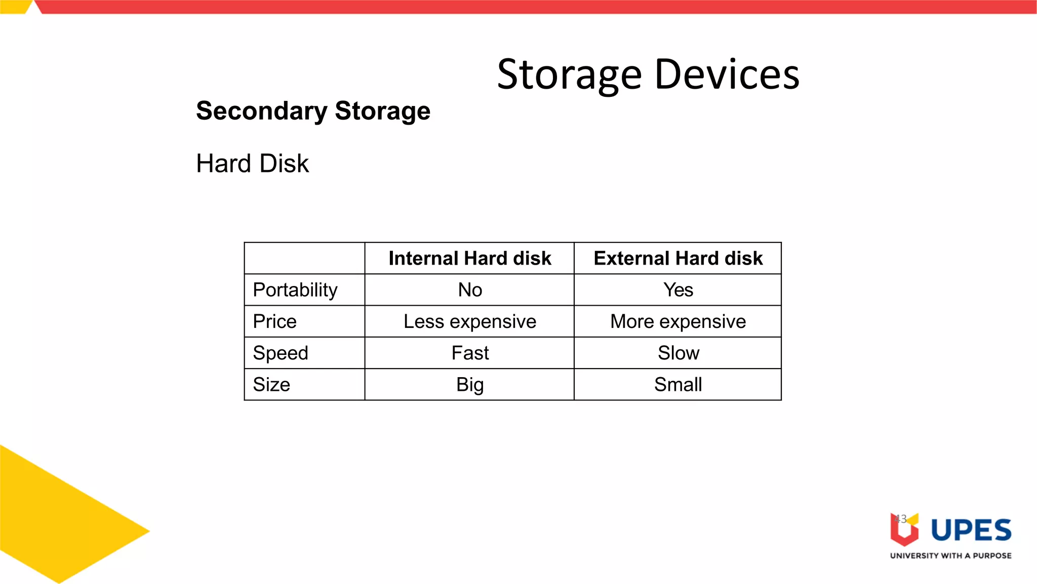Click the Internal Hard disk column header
[469, 259]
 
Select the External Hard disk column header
[678, 259]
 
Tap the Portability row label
[295, 290]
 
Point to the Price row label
[274, 321]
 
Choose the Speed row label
[281, 353]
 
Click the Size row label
[271, 385]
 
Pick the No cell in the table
[470, 290]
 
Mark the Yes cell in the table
[678, 290]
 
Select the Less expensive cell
[470, 321]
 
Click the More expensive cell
[678, 321]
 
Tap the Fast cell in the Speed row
[470, 353]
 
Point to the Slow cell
[679, 353]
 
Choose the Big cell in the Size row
[470, 385]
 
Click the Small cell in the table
[678, 385]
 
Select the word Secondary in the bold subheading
[261, 111]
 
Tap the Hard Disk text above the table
[252, 164]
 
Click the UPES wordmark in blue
[971, 530]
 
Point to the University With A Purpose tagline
[950, 556]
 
